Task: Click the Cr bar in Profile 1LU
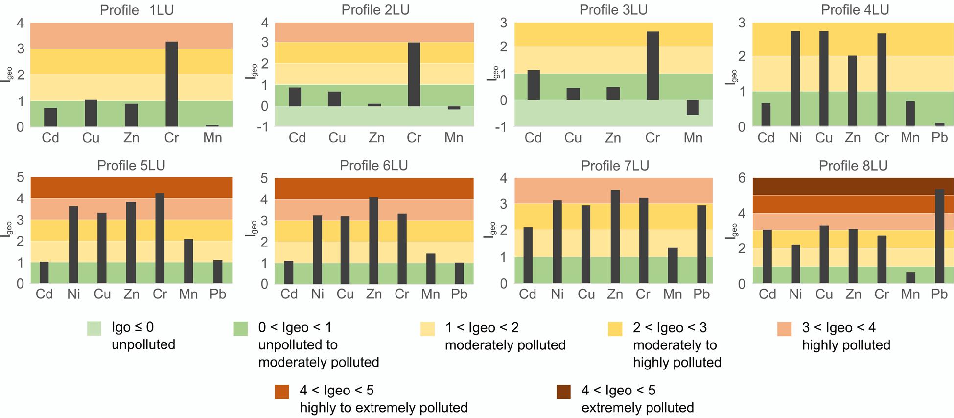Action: tap(171, 84)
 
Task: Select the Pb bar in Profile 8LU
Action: tap(939, 236)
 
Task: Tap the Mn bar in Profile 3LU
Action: tap(693, 107)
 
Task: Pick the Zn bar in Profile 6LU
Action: tap(373, 241)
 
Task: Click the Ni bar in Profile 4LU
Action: tap(795, 78)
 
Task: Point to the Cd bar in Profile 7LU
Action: tap(528, 255)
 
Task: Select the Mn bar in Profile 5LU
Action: tap(188, 261)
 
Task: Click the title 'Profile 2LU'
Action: tap(375, 10)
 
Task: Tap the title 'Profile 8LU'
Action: tap(853, 166)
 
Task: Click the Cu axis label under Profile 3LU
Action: tap(573, 138)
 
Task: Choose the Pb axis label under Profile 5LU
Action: tap(217, 294)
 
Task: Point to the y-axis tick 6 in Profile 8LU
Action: tap(742, 178)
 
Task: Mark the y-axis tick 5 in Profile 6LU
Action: tap(264, 178)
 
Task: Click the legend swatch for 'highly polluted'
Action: tap(784, 329)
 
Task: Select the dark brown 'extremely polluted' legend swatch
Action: tap(563, 392)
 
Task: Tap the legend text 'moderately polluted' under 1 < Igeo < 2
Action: tap(505, 345)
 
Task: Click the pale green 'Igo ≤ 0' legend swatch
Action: tap(94, 329)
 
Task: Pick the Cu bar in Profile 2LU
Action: tap(334, 98)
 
